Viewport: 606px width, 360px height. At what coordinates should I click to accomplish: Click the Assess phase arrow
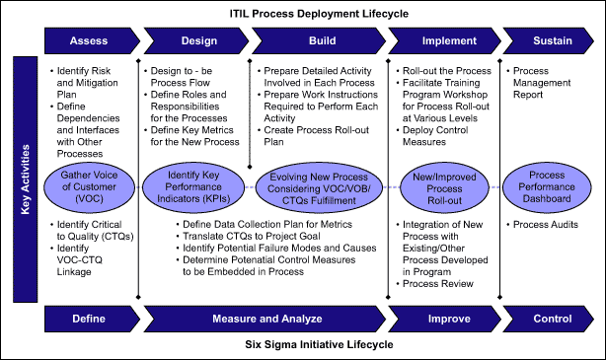92,40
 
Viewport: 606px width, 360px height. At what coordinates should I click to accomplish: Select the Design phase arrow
196,40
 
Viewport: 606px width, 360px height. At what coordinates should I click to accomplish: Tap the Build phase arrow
319,40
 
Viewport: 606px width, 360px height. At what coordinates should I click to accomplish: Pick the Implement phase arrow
444,40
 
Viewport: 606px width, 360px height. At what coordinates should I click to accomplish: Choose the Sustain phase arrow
548,40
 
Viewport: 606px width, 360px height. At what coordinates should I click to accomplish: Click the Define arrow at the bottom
92,319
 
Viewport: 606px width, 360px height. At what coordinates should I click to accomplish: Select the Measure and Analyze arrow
265,319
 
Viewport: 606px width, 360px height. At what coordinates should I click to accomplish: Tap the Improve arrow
444,319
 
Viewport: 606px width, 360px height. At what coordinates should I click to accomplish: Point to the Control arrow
548,319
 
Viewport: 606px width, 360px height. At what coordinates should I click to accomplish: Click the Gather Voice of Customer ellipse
89,187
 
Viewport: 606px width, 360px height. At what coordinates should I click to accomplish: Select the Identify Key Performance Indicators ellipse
193,187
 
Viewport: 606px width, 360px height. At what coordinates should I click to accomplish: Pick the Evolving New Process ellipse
319,188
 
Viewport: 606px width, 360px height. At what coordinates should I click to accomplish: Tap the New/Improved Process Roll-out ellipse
444,188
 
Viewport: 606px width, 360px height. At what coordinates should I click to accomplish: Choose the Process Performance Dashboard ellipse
547,187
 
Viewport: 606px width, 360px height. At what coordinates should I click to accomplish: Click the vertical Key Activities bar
25,180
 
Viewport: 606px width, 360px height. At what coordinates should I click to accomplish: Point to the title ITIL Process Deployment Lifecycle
319,14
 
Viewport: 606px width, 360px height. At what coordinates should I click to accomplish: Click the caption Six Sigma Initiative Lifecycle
319,344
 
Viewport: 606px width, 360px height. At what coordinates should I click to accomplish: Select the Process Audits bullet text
546,225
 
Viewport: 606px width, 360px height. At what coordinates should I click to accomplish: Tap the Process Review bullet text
438,284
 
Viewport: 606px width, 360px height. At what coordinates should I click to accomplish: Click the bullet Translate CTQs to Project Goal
252,236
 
